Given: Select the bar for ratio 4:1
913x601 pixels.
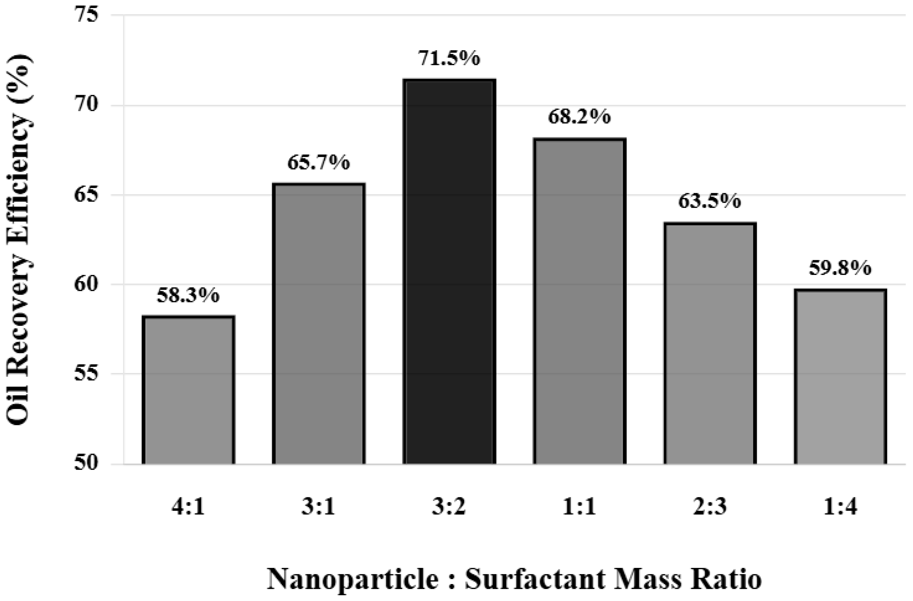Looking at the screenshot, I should [188, 390].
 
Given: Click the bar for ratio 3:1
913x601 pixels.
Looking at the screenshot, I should [319, 324].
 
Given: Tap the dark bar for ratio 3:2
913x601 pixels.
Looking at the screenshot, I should [449, 271].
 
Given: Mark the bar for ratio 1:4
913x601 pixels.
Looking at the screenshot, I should [840, 377].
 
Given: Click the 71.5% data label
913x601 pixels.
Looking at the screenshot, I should [449, 59].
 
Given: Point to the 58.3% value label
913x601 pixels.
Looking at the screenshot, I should [188, 296].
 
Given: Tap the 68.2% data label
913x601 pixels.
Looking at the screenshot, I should [579, 117].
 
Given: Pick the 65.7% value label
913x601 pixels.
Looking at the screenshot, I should [319, 162].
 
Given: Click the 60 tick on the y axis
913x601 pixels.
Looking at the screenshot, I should [86, 284].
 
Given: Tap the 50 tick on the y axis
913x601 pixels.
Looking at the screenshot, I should [86, 464].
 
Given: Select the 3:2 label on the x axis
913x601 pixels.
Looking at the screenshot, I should [449, 507].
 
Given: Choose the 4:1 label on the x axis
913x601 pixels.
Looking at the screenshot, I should [188, 507].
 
